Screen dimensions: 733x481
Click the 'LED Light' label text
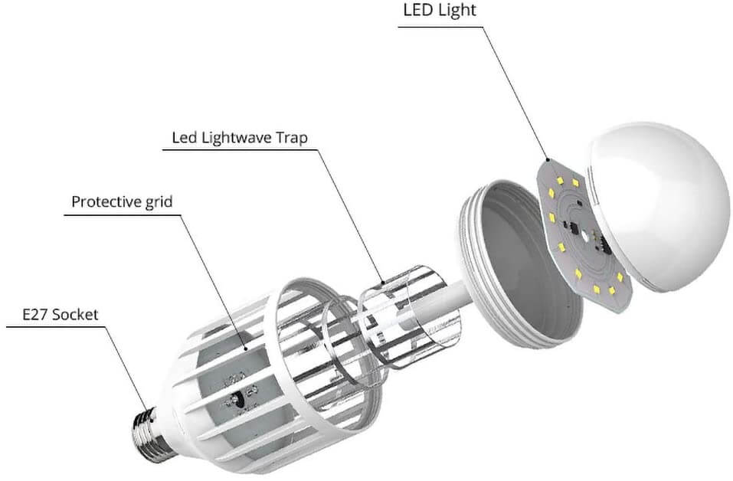tap(440, 10)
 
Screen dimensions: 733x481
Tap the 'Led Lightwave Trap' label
tap(240, 138)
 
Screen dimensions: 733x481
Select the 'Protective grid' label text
tap(122, 201)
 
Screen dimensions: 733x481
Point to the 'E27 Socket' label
tap(61, 314)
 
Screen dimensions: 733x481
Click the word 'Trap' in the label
tap(291, 139)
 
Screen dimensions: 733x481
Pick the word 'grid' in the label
tap(159, 202)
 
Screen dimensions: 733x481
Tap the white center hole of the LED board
tap(585, 236)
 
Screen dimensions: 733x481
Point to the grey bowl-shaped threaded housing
tap(519, 265)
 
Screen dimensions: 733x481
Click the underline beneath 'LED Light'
tap(440, 26)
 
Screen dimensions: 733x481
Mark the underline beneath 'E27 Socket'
tap(56, 327)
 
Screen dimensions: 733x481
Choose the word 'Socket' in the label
tap(75, 314)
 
